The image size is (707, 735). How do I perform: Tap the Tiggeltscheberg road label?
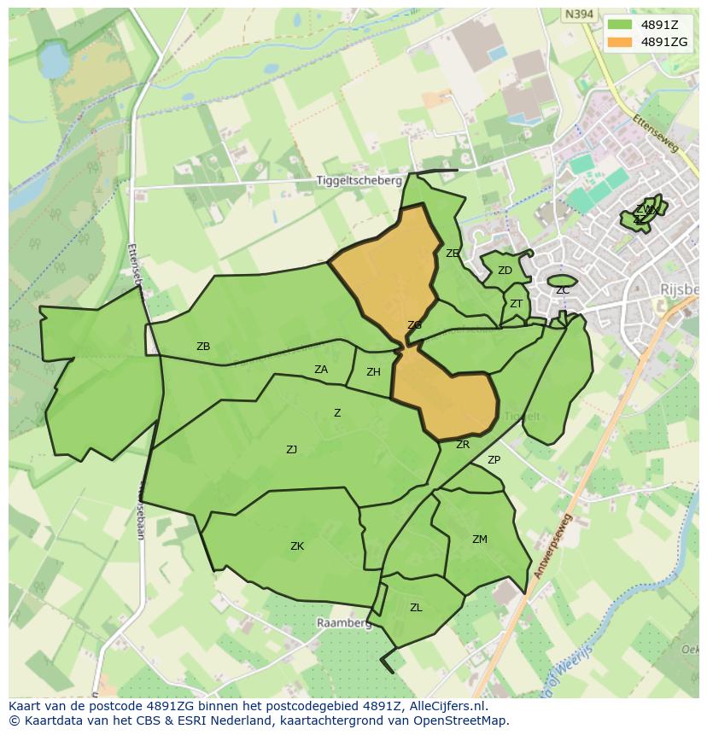(x=359, y=181)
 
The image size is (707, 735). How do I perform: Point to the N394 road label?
(x=580, y=14)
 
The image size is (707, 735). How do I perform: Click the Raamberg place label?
(x=344, y=623)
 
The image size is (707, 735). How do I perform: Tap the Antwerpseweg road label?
(x=553, y=547)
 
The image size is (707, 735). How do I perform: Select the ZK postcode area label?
(x=297, y=546)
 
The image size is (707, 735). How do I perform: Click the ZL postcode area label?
(x=416, y=608)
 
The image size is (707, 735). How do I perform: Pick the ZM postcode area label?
(x=480, y=539)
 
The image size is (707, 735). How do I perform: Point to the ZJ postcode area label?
(x=292, y=449)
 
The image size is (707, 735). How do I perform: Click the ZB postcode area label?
(x=203, y=347)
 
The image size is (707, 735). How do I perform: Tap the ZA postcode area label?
(x=321, y=370)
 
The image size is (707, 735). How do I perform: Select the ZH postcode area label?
(x=373, y=372)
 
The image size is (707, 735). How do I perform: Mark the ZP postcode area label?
(x=494, y=460)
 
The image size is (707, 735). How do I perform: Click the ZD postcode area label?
(x=505, y=271)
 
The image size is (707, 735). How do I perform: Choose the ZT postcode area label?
(x=516, y=304)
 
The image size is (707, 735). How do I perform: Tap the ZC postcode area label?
(x=563, y=290)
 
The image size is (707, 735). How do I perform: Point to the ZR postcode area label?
(x=463, y=445)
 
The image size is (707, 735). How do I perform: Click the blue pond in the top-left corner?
(x=53, y=61)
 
